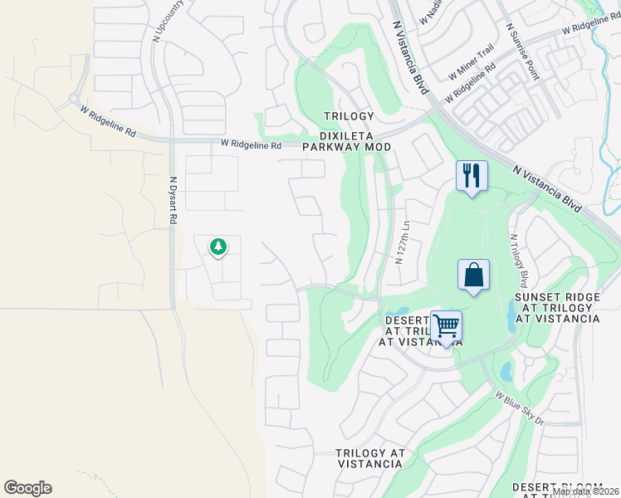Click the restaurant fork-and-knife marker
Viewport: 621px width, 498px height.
471,176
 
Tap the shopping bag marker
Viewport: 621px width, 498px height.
472,276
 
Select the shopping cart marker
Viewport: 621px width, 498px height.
446,326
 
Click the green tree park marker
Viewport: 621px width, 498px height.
218,247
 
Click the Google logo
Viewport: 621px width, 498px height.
27,488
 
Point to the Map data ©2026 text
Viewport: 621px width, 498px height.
585,491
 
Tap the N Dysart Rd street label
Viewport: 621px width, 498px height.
174,200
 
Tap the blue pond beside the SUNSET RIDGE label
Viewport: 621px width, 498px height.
508,315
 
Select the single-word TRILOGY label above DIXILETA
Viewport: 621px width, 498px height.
349,116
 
